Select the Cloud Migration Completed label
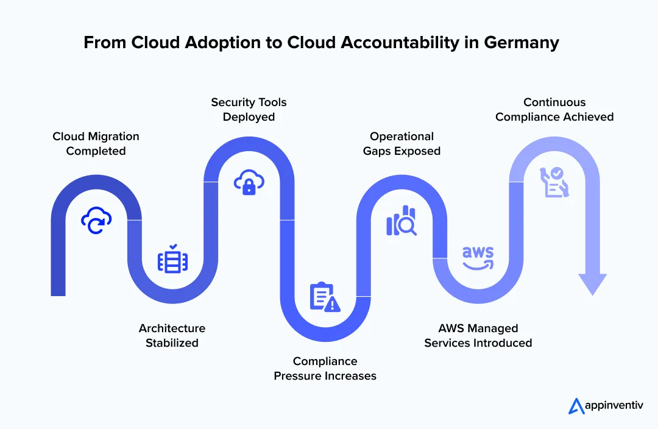(96, 144)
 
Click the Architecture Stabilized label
(172, 336)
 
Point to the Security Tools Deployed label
(249, 110)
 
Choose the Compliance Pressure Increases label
(325, 369)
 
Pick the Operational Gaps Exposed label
(402, 144)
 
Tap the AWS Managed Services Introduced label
(478, 336)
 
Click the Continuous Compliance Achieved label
(554, 110)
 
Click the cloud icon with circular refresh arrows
(96, 220)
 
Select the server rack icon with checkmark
(173, 259)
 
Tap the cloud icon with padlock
(249, 182)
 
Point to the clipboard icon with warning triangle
(325, 297)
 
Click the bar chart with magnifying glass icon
(402, 221)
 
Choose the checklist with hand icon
(554, 182)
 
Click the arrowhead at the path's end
(592, 284)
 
